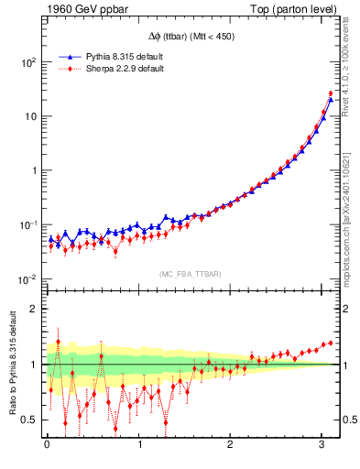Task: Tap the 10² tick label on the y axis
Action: pos(29,62)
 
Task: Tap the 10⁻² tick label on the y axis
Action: pos(28,278)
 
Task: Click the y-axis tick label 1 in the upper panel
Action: pos(35,170)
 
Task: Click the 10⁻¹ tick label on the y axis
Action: pos(28,224)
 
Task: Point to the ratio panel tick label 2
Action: pos(35,309)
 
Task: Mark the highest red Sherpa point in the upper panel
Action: pos(331,93)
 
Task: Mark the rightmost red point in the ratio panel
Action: pos(331,343)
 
